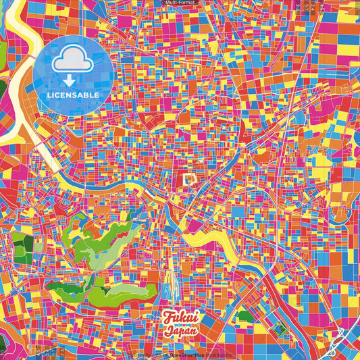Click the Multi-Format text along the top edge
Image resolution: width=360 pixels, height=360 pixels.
coord(179,3)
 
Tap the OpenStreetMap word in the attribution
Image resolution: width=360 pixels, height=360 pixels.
coord(185,355)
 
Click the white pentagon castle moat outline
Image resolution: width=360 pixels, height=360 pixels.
coord(190,179)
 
